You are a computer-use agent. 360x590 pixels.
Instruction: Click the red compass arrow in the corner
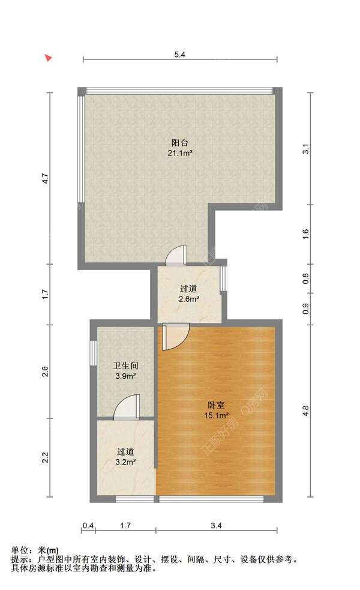(49, 58)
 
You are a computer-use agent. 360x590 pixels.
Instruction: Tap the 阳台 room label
(180, 143)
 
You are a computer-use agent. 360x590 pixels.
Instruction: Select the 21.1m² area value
(180, 153)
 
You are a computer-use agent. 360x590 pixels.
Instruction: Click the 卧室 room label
(217, 405)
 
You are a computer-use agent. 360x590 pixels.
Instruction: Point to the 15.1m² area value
(217, 415)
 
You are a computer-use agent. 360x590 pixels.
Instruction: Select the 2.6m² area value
(188, 298)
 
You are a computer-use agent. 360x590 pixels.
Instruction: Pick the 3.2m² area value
(125, 462)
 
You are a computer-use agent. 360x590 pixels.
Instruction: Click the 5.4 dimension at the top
(179, 55)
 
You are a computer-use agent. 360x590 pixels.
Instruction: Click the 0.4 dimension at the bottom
(89, 526)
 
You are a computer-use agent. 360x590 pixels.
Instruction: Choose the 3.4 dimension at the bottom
(217, 526)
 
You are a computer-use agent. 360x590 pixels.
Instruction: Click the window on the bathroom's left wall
(93, 352)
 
